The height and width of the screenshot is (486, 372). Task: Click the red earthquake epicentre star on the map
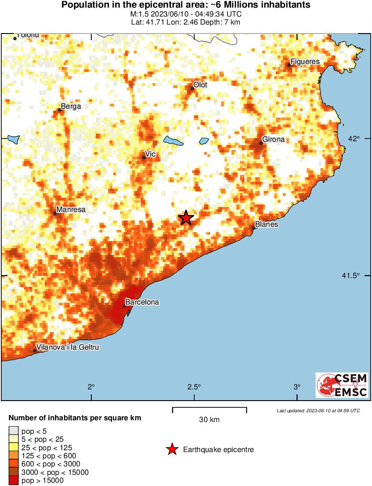point(186,218)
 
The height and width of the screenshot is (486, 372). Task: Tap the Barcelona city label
point(142,302)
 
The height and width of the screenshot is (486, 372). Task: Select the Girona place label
point(274,139)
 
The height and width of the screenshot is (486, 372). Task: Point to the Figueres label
point(305,61)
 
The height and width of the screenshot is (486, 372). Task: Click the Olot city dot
point(192,89)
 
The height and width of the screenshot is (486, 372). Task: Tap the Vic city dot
point(144,157)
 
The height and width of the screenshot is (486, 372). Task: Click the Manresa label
point(71,209)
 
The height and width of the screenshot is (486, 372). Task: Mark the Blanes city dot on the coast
point(253,228)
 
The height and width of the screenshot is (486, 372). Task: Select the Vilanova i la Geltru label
point(68,347)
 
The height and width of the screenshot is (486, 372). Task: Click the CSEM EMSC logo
point(342,385)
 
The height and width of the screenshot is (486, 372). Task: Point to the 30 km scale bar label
point(209,420)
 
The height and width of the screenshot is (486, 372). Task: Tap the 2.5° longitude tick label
point(194,387)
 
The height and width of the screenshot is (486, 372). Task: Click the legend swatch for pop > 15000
point(13,481)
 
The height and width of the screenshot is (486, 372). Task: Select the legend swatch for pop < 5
point(13,431)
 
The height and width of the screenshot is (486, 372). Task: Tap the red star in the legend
point(172,449)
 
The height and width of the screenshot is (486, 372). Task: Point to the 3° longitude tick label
point(296,387)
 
